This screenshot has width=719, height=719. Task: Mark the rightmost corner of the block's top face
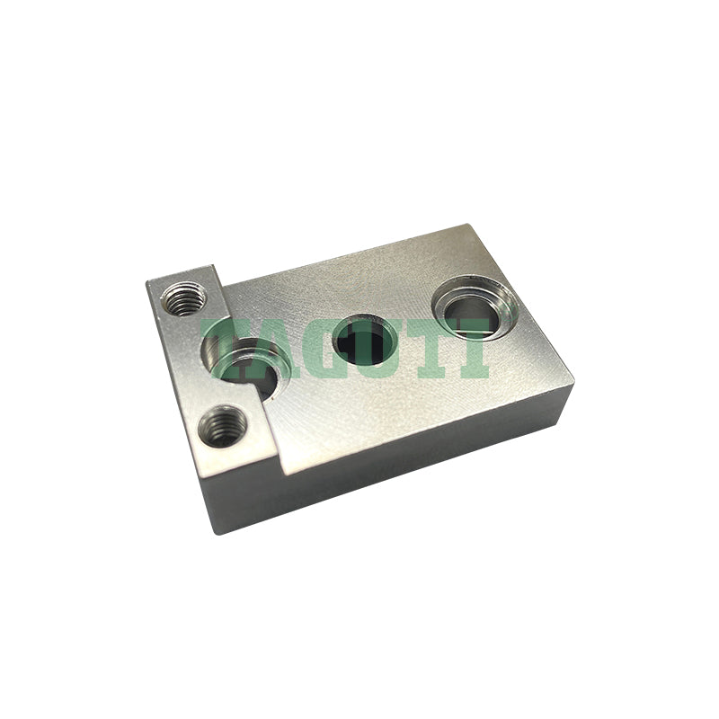(573, 385)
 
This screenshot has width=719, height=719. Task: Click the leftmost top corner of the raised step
(147, 282)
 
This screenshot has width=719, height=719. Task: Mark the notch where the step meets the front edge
(282, 474)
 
